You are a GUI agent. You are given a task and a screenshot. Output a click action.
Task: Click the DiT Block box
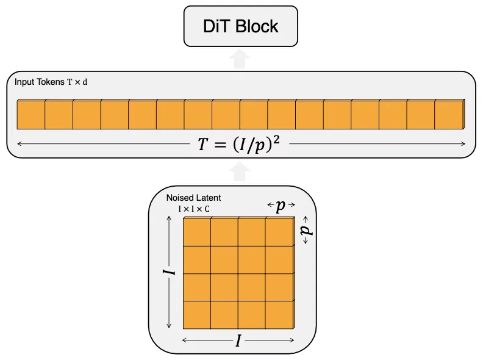click(240, 26)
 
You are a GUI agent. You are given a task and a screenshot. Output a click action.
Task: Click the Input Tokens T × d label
click(51, 82)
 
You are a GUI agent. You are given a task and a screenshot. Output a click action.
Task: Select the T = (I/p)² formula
click(238, 144)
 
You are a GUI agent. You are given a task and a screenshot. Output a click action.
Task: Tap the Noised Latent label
click(193, 198)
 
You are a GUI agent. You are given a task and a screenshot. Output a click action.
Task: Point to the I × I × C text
click(194, 209)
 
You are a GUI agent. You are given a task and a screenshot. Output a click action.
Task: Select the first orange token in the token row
click(31, 114)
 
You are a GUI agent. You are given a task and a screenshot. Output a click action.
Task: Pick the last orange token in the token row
click(449, 114)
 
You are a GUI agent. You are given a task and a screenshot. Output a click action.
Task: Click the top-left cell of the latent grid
click(197, 232)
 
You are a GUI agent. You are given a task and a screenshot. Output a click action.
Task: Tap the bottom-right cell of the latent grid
click(279, 315)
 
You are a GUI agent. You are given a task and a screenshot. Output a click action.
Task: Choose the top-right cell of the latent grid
click(279, 232)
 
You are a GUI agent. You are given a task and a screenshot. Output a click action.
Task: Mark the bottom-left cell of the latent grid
click(197, 315)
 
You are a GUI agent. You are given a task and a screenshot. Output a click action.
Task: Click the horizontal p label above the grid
click(281, 205)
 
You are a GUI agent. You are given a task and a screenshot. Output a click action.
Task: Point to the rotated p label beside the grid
click(307, 230)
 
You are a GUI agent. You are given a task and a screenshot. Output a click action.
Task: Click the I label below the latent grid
click(238, 341)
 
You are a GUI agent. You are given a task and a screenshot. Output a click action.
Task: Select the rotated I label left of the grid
click(169, 272)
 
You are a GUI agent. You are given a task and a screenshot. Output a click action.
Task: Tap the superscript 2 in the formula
click(276, 140)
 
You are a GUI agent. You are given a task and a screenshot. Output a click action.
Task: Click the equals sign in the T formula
click(220, 145)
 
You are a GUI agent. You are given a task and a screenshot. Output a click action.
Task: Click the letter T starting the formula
click(202, 144)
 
